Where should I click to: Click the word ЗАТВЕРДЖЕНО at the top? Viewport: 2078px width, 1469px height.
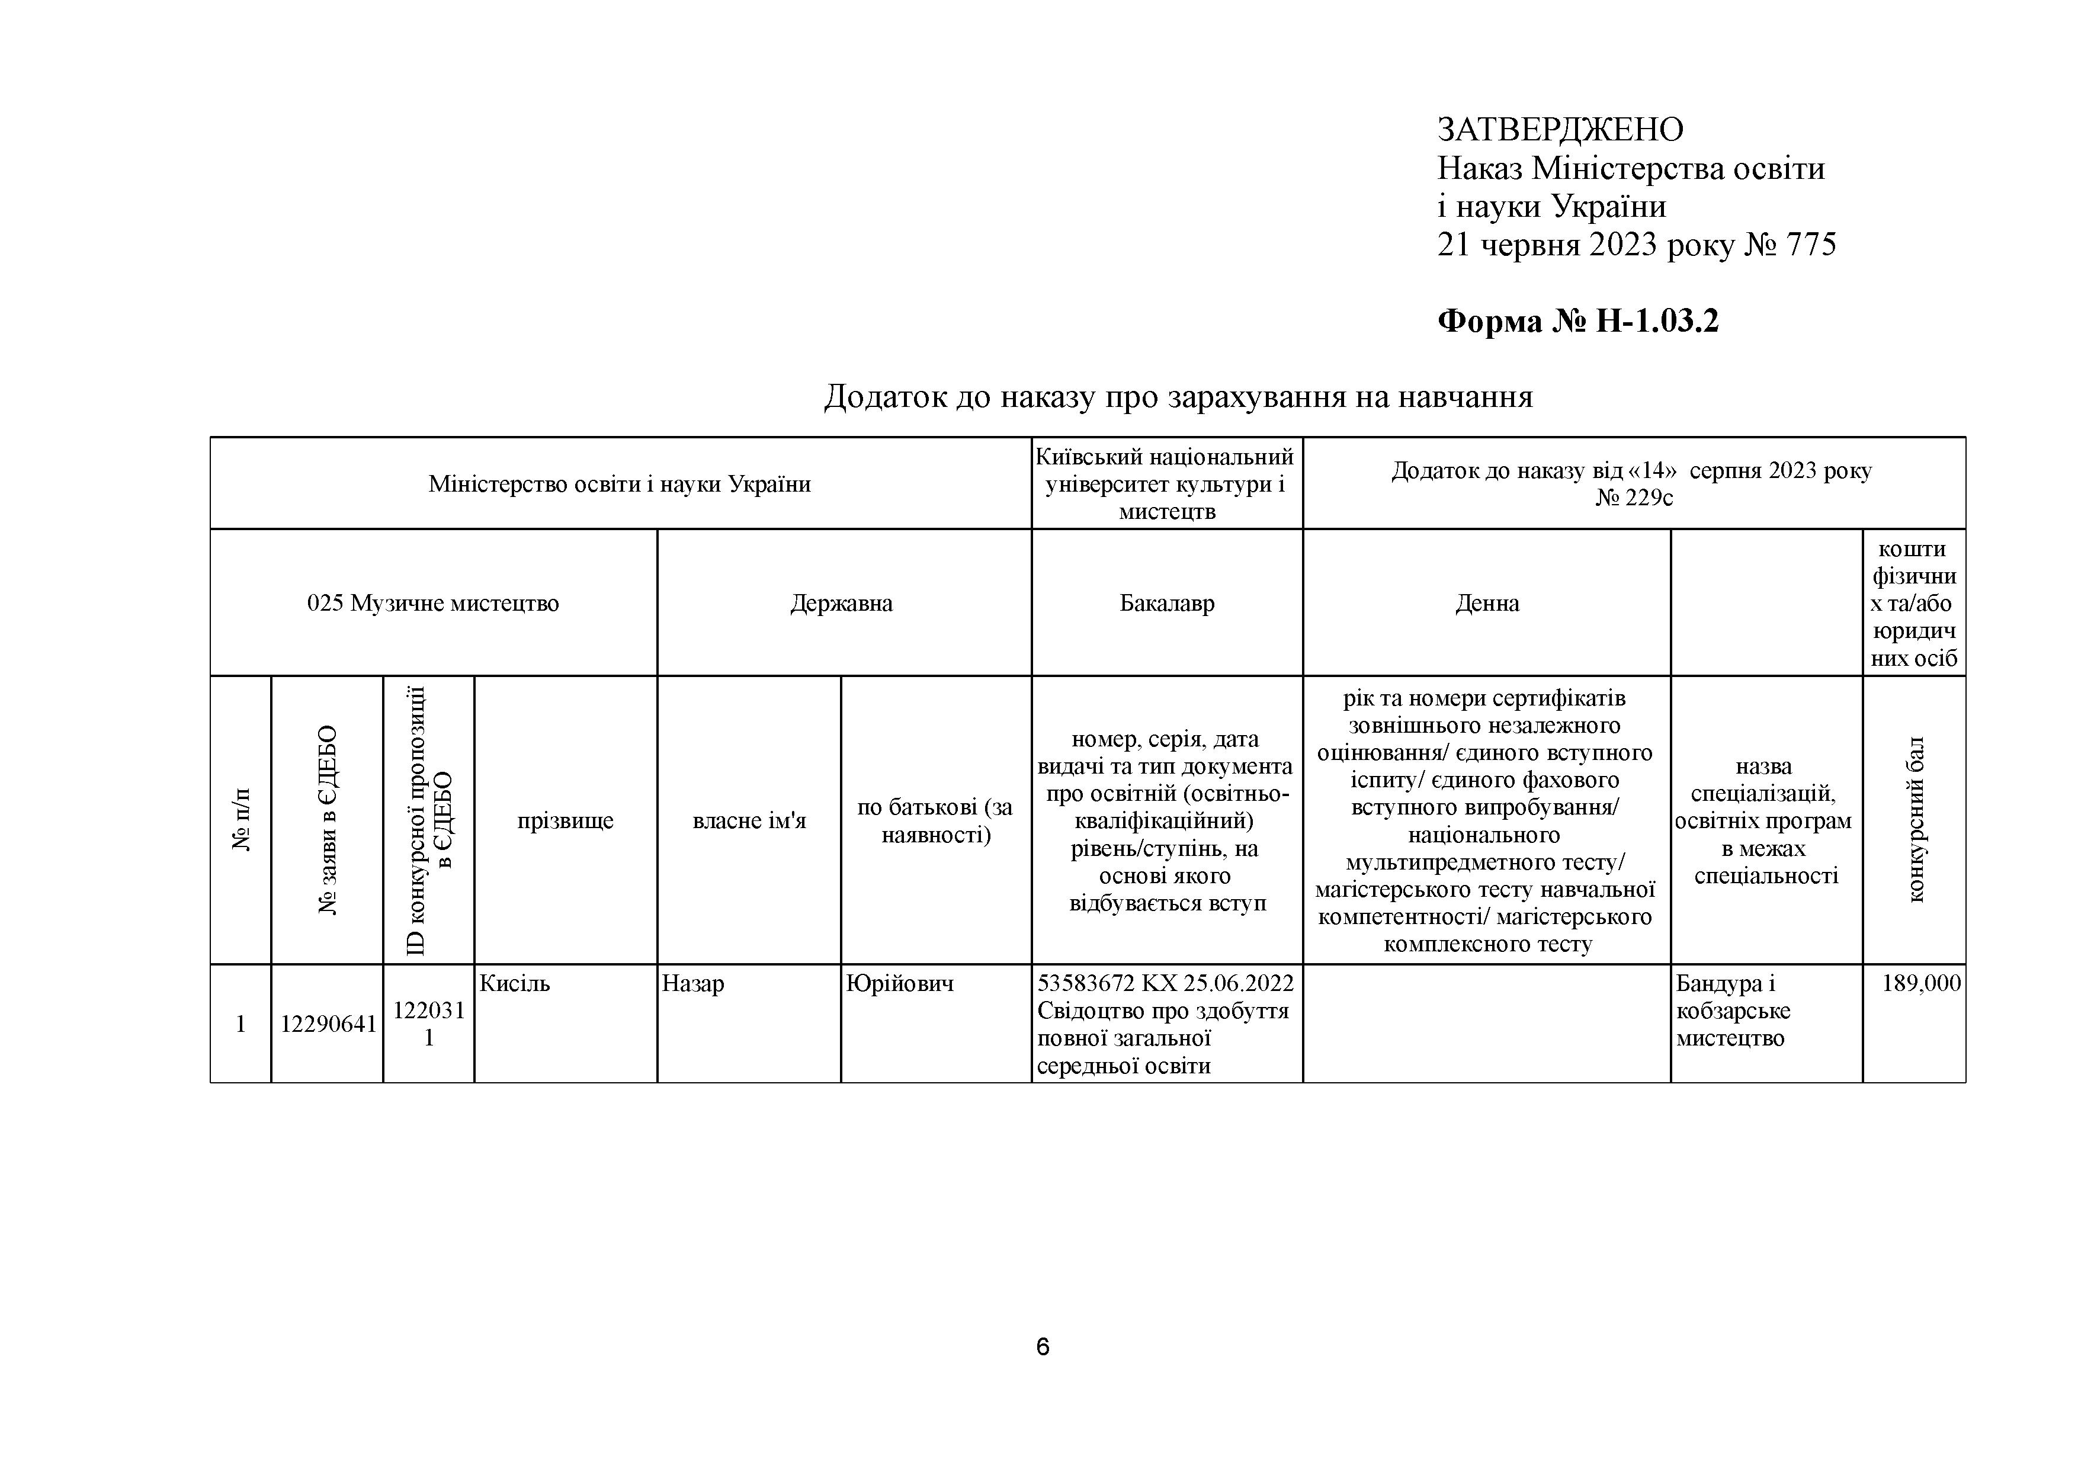[1560, 130]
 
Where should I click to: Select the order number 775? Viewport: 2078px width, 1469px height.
[1810, 245]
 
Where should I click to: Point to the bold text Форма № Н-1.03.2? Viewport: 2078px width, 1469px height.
[1577, 321]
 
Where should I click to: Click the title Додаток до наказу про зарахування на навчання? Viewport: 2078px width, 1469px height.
[1178, 396]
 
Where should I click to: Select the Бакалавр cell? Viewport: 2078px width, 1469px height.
[1166, 603]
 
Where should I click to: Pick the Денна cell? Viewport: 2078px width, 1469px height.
[1486, 603]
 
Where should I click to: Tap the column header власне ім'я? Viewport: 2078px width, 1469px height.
[749, 821]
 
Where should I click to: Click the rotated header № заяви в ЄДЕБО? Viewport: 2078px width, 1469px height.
[327, 819]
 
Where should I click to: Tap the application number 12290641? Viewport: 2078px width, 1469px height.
[328, 1024]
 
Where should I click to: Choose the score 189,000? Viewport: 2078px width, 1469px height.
[1920, 983]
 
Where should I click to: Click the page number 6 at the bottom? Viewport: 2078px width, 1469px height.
[1042, 1348]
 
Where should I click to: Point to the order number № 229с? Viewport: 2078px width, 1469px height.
[1634, 498]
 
